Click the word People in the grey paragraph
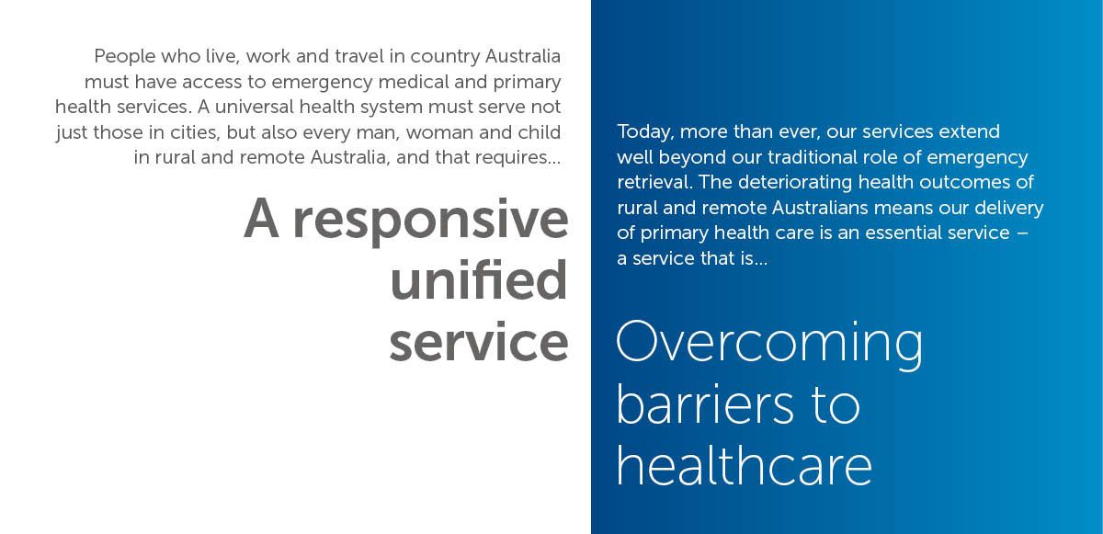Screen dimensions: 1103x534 125,57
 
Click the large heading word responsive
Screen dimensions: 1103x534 431,221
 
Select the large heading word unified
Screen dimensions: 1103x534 479,279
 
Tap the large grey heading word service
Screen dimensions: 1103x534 479,342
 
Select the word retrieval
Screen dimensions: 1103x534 654,183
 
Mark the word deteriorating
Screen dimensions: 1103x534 795,183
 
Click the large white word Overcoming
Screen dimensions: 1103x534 769,344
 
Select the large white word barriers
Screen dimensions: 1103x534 705,403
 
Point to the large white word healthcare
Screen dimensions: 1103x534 745,464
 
